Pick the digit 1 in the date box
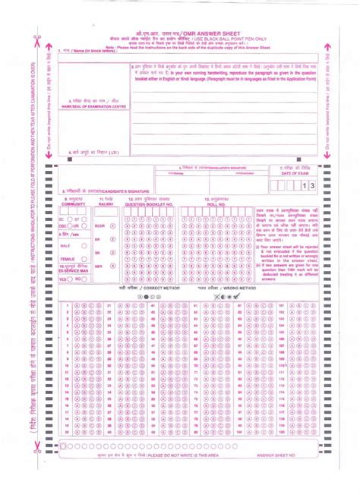pyautogui.click(x=303, y=184)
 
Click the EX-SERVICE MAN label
pyautogui.click(x=73, y=271)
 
